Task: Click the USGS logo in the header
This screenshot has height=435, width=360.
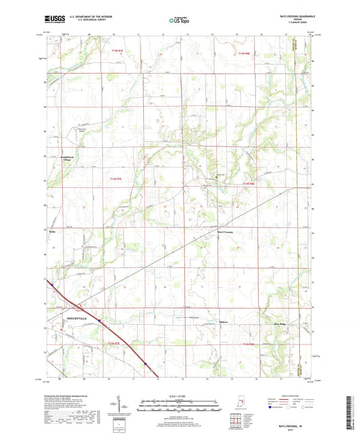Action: pyautogui.click(x=51, y=21)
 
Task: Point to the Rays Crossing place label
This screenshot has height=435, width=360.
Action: pyautogui.click(x=225, y=230)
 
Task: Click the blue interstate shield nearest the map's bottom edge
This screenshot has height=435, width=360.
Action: pyautogui.click(x=145, y=362)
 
